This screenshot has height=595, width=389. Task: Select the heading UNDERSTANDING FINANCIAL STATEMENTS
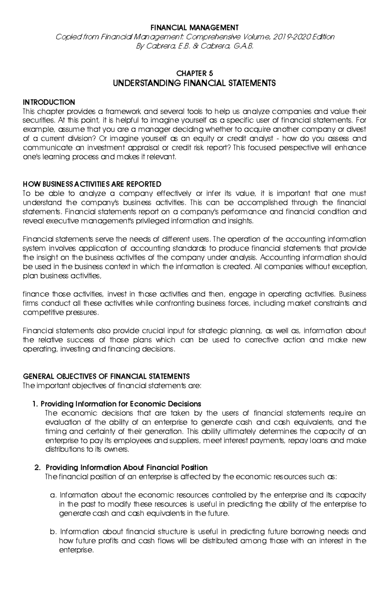[194, 83]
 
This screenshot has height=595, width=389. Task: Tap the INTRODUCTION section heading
[49, 102]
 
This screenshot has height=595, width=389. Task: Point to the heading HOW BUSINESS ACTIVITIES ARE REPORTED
[92, 184]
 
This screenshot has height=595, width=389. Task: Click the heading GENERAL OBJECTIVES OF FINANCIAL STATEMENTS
[106, 376]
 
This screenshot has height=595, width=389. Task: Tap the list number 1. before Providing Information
[35, 404]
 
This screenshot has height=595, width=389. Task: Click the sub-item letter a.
[53, 495]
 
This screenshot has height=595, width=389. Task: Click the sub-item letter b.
[53, 532]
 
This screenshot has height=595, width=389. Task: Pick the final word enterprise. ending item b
[76, 550]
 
